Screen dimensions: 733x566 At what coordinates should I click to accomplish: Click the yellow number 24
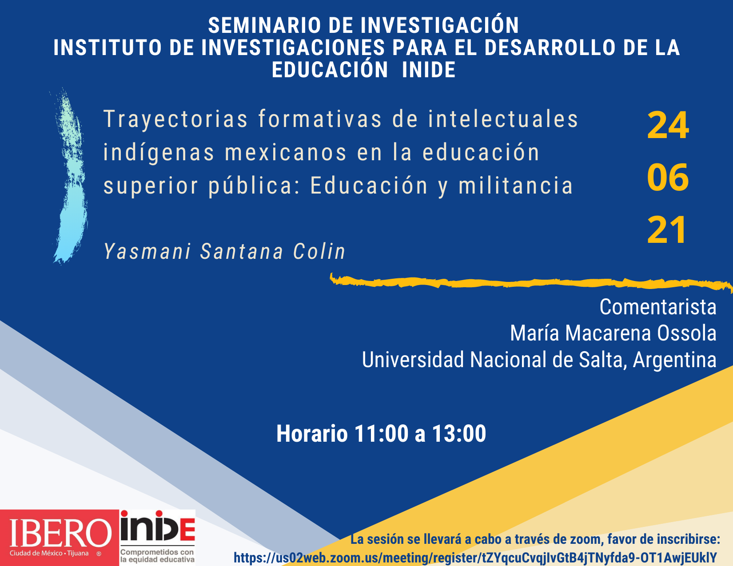[668, 125]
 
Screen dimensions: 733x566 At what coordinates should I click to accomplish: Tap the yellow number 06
[668, 177]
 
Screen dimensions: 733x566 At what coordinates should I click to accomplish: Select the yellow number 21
[666, 230]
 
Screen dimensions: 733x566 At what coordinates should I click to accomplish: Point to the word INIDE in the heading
[429, 70]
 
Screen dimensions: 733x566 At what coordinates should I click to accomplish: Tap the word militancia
[516, 186]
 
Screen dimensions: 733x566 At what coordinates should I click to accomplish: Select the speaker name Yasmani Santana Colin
[224, 251]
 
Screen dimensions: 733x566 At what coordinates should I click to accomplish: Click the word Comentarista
[658, 307]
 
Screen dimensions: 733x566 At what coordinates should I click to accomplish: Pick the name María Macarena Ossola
[613, 333]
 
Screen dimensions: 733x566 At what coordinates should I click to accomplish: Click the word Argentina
[674, 360]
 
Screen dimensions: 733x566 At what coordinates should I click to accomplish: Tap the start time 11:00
[382, 434]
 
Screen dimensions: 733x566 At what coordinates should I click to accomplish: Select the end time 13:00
[459, 434]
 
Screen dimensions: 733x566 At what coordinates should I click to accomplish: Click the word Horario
[312, 434]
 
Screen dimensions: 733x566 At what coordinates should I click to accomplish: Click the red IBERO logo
[60, 538]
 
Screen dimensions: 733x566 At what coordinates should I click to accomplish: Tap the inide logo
[158, 538]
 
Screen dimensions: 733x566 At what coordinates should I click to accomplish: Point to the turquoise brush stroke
[71, 175]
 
